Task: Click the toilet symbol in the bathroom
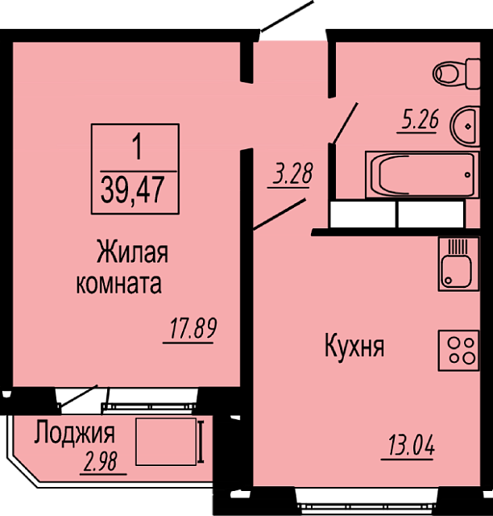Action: click(457, 73)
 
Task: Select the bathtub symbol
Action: click(422, 175)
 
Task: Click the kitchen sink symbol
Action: click(458, 264)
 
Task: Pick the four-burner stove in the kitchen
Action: click(458, 350)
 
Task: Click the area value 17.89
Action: click(193, 328)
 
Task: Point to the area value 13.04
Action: click(411, 445)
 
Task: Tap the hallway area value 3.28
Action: click(292, 173)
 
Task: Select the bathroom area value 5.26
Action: click(420, 119)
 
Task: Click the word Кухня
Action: click(354, 346)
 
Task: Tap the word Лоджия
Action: click(75, 433)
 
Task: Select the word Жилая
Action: click(132, 252)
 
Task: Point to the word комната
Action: click(119, 284)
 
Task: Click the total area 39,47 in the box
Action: click(132, 190)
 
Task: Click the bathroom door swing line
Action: click(345, 123)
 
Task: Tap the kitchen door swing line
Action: click(280, 214)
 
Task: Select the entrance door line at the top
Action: click(287, 16)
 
